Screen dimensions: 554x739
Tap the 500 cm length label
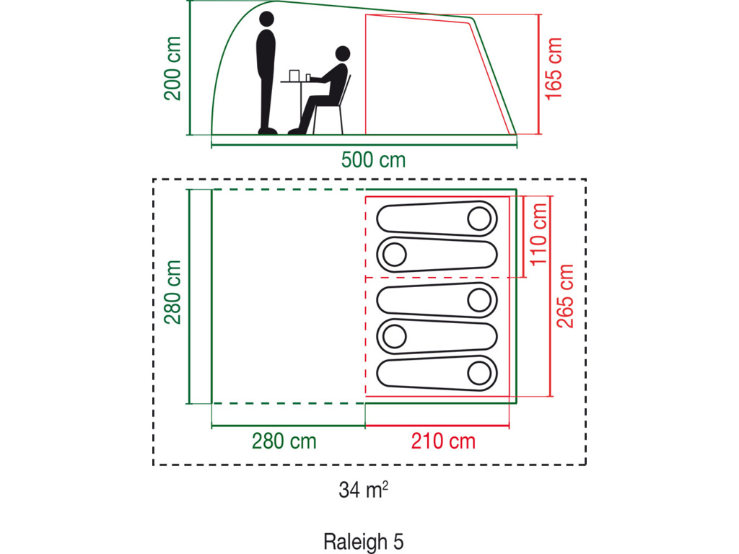tap(373, 159)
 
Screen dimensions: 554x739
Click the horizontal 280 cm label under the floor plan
tap(284, 440)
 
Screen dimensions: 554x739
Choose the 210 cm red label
tap(443, 440)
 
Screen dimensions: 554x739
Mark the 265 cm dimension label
tap(565, 296)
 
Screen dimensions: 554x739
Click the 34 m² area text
tap(364, 491)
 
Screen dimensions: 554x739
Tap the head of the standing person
tap(267, 19)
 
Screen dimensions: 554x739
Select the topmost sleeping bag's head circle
tap(478, 217)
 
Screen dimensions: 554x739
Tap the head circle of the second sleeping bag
tap(394, 254)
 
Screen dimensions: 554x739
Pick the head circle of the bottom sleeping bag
tap(478, 373)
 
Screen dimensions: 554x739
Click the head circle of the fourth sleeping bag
tap(394, 335)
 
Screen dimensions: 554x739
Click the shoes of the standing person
tap(268, 131)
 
